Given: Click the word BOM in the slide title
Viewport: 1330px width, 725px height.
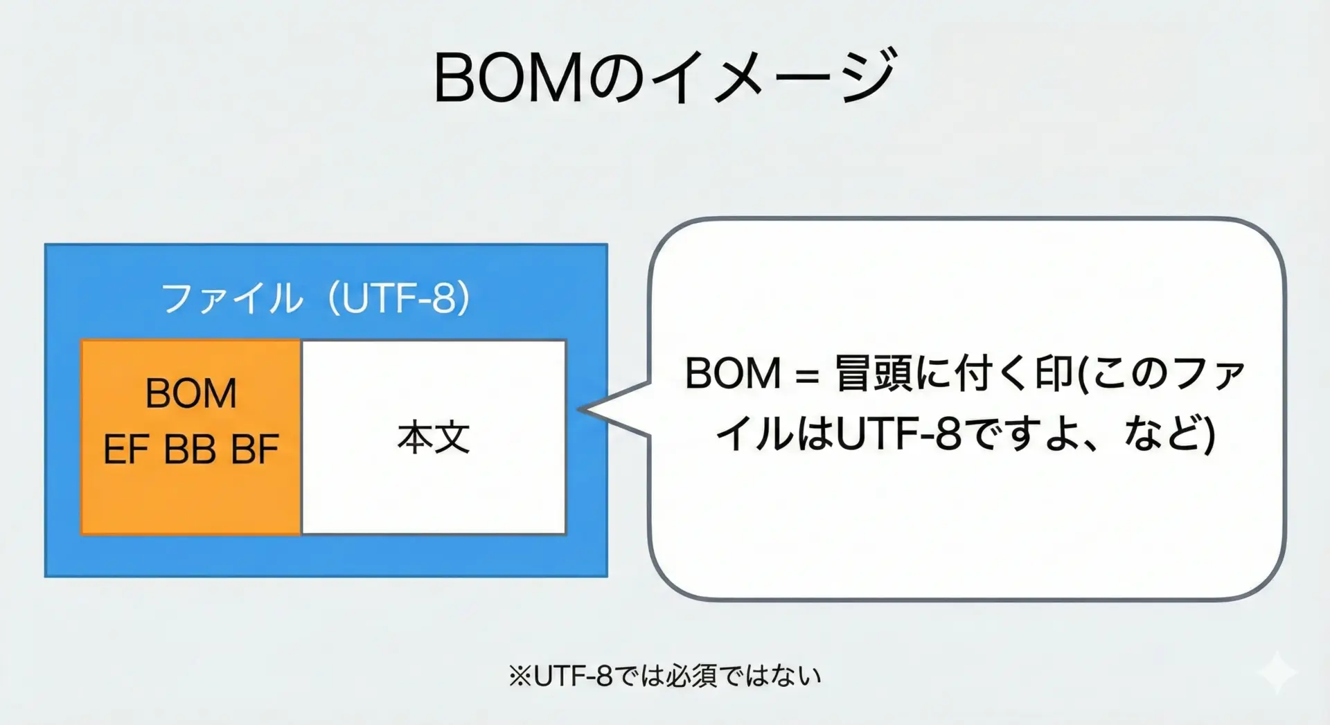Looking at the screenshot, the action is (510, 78).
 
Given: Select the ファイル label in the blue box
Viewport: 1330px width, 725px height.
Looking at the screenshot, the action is (232, 298).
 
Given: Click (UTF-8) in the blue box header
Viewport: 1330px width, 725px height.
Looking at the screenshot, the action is (399, 298).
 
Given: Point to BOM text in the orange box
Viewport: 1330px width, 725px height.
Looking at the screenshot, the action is (191, 393).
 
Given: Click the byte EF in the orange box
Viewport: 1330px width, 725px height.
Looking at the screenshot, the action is (125, 449).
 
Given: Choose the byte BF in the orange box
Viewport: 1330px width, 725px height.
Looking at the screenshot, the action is (255, 449).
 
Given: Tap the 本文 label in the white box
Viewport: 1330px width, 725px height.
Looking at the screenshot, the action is (434, 438).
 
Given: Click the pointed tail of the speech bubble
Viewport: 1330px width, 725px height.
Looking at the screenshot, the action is (580, 409).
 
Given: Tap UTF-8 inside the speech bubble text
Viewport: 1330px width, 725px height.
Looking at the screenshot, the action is (898, 434).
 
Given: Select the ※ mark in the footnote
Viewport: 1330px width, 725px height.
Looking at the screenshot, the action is (520, 676).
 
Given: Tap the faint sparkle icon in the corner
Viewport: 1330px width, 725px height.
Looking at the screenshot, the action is (1277, 672).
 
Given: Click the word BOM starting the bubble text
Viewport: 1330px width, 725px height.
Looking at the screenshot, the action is (733, 374).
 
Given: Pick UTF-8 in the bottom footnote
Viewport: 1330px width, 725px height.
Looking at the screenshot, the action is (573, 676).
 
